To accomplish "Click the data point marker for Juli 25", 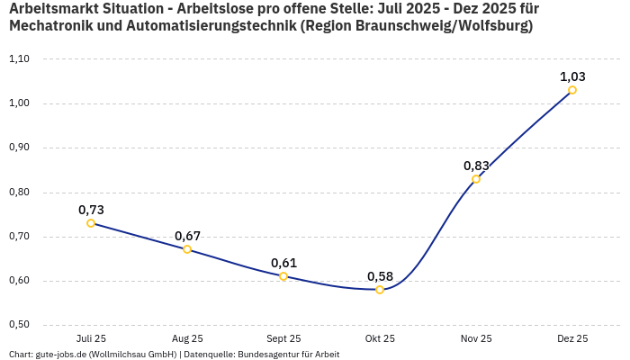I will [91, 223].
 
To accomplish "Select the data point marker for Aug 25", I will [187, 249].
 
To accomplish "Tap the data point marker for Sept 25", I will [283, 276].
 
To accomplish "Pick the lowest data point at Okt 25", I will [380, 290].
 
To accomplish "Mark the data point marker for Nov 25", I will [476, 179].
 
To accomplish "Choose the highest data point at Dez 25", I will [572, 90].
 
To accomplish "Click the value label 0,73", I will [91, 210].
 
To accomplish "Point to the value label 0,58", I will [380, 275].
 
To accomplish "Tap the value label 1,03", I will [572, 76].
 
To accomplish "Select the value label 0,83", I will [476, 166].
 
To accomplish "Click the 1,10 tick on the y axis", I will [19, 59].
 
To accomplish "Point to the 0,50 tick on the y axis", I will [19, 325].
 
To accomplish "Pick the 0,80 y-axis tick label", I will [19, 193].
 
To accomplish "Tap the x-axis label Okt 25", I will [380, 338].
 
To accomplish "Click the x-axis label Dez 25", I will [572, 338].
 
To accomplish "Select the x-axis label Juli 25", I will [91, 338].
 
